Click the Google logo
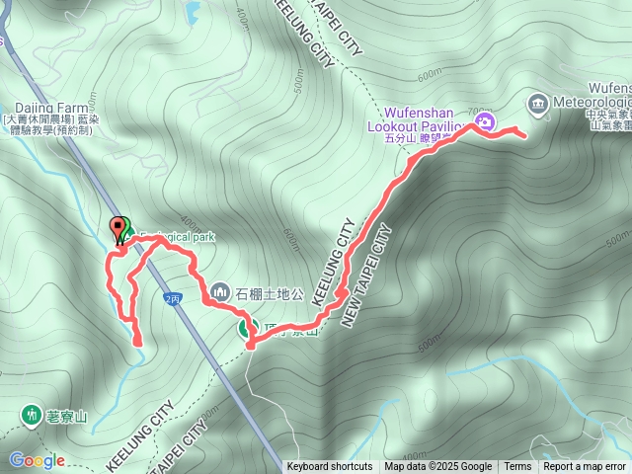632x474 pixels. pos(37,460)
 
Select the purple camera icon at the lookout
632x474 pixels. pos(484,122)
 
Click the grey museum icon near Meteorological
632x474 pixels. pos(537,103)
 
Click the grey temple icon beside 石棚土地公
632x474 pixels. pos(219,292)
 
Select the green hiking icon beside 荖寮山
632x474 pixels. pos(33,415)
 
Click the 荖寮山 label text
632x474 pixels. pos(67,416)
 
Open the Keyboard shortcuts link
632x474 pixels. pos(330,467)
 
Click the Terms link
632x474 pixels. pos(517,467)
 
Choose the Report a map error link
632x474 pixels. pos(585,467)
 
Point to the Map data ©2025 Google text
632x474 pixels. pos(437,467)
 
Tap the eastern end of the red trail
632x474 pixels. pos(522,136)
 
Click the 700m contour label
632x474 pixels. pos(479,109)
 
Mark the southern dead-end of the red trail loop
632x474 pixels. pos(138,343)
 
